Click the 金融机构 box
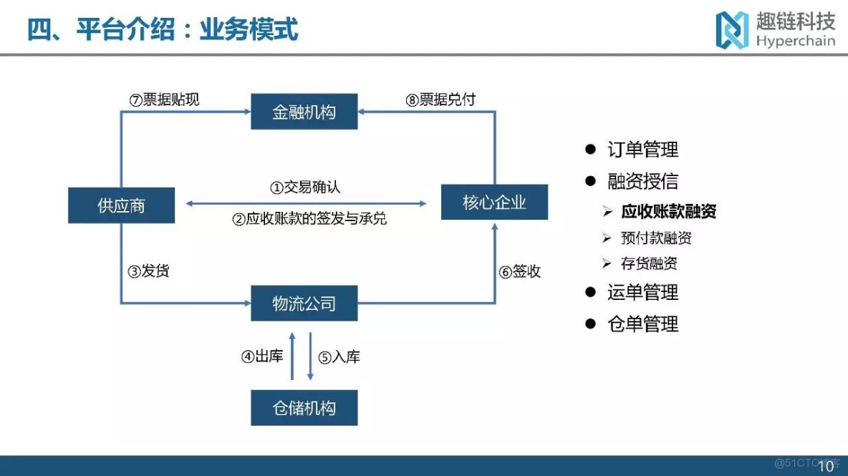[304, 112]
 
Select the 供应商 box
[121, 205]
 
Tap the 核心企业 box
[494, 202]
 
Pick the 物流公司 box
[304, 303]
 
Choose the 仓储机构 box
[304, 408]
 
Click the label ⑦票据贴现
[164, 99]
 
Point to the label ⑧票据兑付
[440, 99]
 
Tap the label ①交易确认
[305, 188]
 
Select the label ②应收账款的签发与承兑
[309, 219]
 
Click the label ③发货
[148, 272]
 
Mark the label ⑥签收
[520, 272]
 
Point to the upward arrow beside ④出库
[292, 356]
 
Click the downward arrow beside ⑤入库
[310, 356]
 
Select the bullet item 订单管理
[642, 150]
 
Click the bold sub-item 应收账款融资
[668, 211]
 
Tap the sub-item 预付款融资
[656, 238]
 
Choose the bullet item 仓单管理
[642, 324]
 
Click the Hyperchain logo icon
[732, 29]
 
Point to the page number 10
[826, 466]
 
